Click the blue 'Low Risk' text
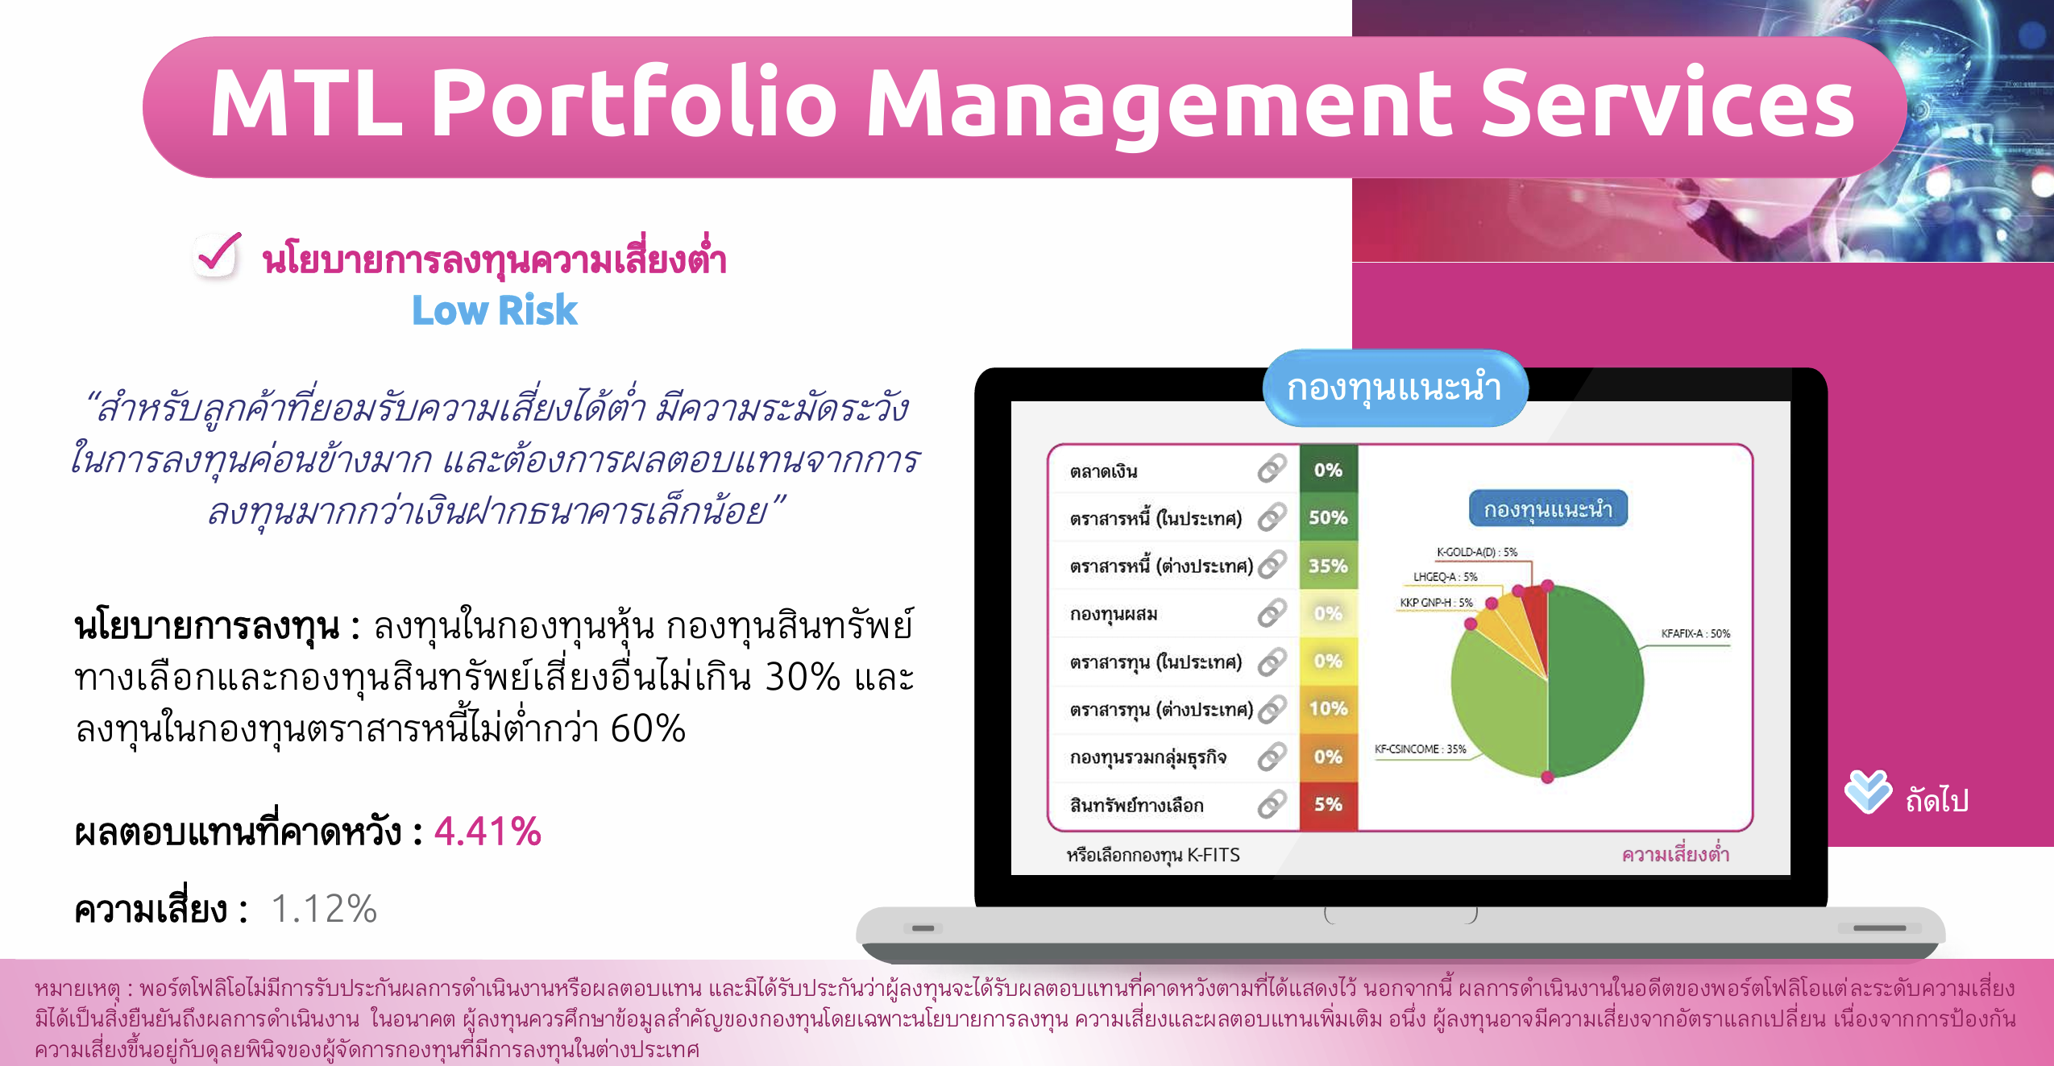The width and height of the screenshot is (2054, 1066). (x=495, y=310)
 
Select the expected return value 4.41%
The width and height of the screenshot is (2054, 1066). (x=488, y=831)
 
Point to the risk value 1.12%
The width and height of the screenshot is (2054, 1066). (x=324, y=909)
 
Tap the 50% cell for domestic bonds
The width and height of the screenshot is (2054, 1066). (x=1328, y=517)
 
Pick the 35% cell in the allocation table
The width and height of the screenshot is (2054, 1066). (x=1328, y=566)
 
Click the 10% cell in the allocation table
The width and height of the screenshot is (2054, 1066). (x=1328, y=709)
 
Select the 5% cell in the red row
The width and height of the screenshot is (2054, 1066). (x=1328, y=804)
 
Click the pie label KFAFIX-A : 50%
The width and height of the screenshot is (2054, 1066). (x=1695, y=633)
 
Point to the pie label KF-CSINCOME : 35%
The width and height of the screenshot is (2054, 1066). (x=1420, y=749)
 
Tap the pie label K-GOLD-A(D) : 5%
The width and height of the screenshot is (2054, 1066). (x=1476, y=552)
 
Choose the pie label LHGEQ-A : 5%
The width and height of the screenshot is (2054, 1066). (x=1445, y=577)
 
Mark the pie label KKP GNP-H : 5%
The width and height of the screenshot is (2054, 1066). (x=1435, y=603)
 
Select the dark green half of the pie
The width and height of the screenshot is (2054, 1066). (x=1591, y=681)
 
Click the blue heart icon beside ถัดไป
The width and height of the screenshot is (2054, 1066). (x=1868, y=791)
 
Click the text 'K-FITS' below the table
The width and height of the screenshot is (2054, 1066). (x=1214, y=855)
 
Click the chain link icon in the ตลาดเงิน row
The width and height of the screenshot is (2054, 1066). (x=1272, y=468)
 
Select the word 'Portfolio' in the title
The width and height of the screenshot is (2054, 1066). (x=635, y=102)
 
